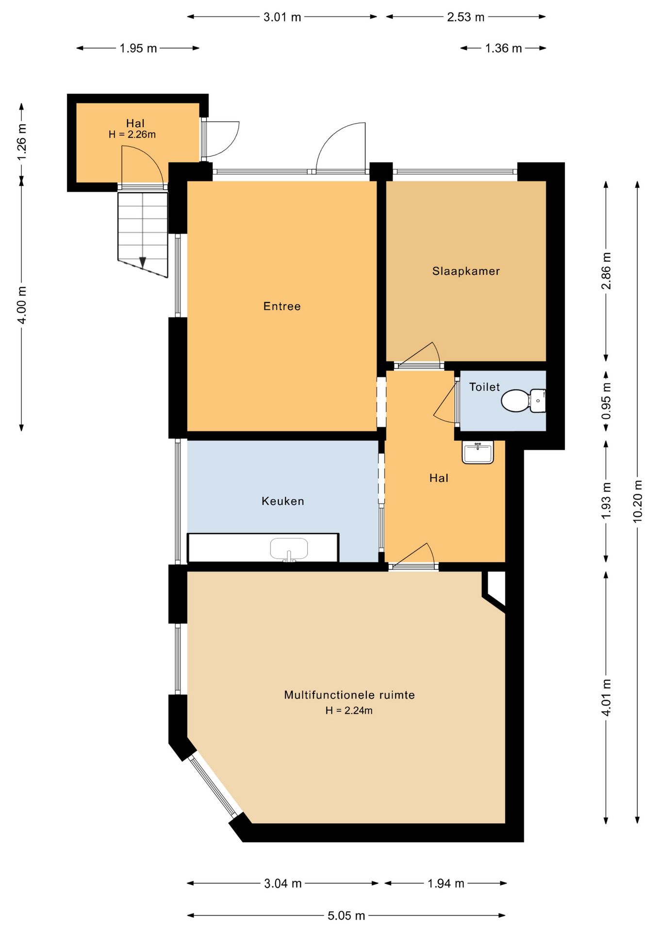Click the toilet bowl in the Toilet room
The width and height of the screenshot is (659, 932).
[523, 401]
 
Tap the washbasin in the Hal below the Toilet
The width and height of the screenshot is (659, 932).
[478, 452]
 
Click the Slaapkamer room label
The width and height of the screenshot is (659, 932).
[466, 271]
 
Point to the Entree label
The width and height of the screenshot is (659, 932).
[282, 306]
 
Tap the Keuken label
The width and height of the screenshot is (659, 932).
[283, 501]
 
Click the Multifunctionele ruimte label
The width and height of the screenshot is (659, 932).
[349, 695]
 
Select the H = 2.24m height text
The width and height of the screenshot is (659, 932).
[349, 710]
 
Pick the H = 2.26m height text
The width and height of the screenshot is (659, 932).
[132, 134]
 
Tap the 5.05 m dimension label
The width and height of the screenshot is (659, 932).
[346, 915]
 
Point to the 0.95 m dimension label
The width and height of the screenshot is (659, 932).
[606, 401]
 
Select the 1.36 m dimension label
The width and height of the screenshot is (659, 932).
[503, 48]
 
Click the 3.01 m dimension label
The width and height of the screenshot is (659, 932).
[282, 17]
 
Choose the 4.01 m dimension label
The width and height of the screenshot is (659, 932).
[606, 698]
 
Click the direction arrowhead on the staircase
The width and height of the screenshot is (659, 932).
[143, 262]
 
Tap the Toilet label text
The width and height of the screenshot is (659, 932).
[484, 387]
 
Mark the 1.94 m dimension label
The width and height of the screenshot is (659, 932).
[446, 883]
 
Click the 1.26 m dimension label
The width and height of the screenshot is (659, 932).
[21, 142]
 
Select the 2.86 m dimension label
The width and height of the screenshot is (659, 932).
[606, 271]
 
